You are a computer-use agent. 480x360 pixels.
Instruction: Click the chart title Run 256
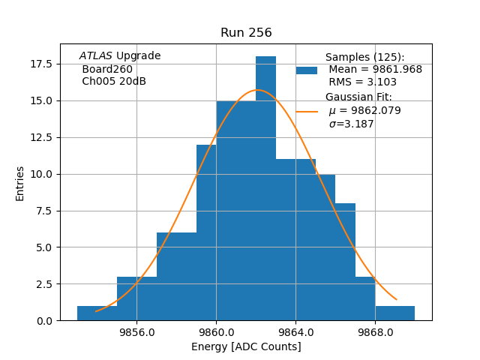point(246,33)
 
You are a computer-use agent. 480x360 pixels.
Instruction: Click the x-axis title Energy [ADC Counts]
point(246,346)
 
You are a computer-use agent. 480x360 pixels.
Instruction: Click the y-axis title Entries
point(20,183)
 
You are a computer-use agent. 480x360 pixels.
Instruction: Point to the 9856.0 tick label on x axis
point(136,332)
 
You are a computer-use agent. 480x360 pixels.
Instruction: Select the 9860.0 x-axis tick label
point(216,332)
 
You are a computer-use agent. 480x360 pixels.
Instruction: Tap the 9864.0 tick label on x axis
point(295,332)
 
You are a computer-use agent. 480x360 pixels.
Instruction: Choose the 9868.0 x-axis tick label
point(375,332)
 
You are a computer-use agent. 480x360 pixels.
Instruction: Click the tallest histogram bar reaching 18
point(265,187)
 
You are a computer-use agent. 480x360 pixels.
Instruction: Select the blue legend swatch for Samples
point(307,70)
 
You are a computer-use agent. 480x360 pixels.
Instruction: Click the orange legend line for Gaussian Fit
point(307,111)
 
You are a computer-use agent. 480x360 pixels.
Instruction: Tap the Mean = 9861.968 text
point(375,70)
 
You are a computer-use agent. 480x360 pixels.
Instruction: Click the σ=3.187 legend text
point(351,124)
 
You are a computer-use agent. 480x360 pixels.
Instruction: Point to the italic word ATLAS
point(95,56)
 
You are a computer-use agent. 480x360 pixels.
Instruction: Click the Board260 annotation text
point(107,69)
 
